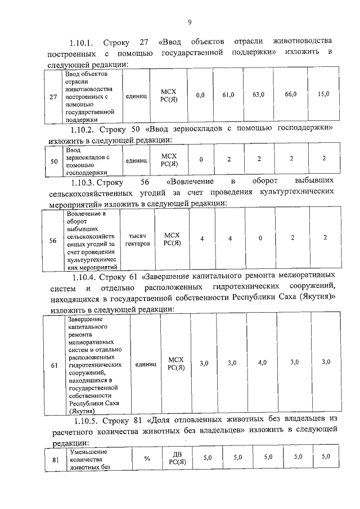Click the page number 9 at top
pyautogui.click(x=190, y=22)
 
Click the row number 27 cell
pyautogui.click(x=53, y=97)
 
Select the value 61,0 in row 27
pyautogui.click(x=228, y=94)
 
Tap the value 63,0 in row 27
pyautogui.click(x=259, y=94)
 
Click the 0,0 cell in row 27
pyautogui.click(x=200, y=95)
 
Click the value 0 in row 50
pyautogui.click(x=201, y=160)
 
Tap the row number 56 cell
pyautogui.click(x=52, y=240)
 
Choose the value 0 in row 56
pyautogui.click(x=260, y=238)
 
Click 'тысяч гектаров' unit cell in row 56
pyautogui.click(x=139, y=240)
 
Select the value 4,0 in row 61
pyautogui.click(x=262, y=363)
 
